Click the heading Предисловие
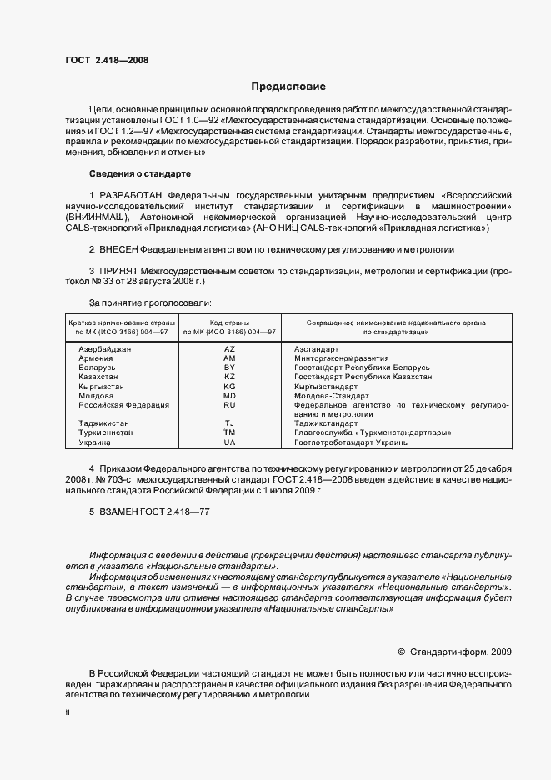point(288,87)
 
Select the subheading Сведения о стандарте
point(140,173)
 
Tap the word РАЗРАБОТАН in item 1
point(133,194)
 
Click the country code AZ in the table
point(229,348)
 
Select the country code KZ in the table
point(229,377)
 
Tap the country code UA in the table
point(229,442)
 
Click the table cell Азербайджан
point(104,348)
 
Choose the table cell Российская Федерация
point(123,405)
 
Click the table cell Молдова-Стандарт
point(326,396)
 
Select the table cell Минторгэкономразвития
point(337,357)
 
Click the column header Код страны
point(229,322)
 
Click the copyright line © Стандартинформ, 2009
point(454,652)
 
